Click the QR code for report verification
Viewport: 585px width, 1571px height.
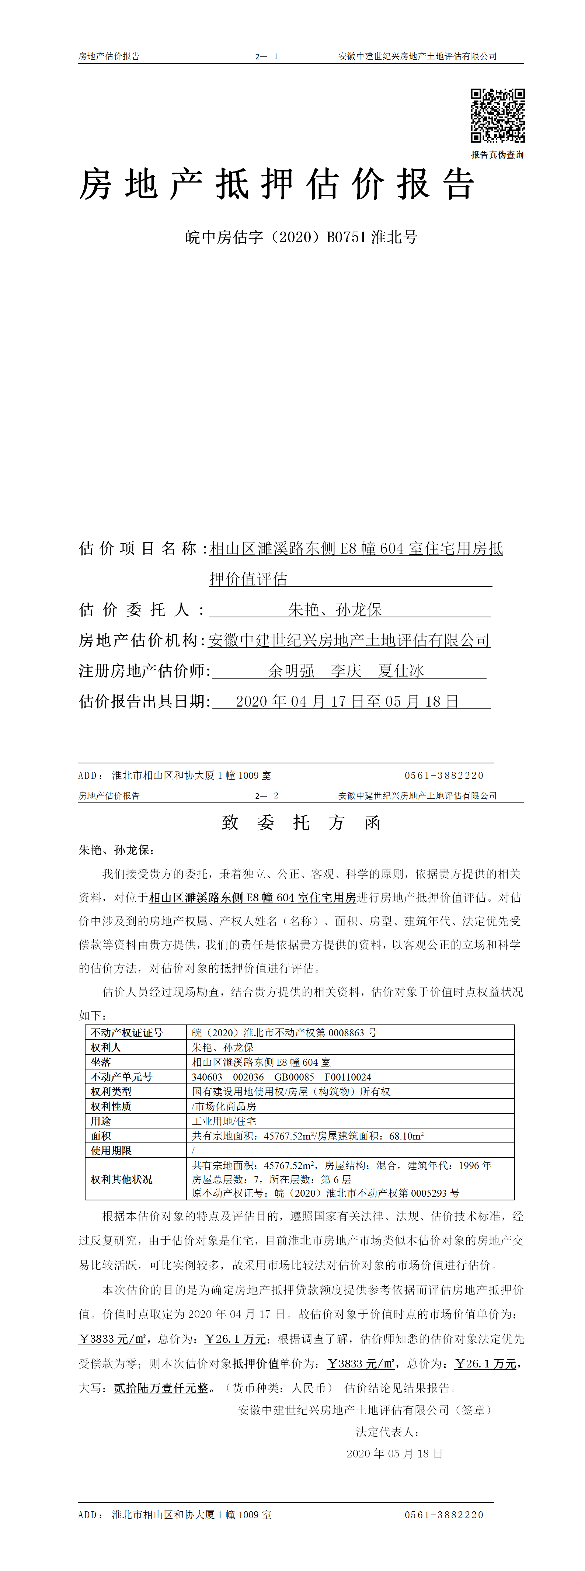coord(497,115)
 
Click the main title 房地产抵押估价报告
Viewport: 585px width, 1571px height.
coord(277,184)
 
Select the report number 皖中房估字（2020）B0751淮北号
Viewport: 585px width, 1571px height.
coord(301,237)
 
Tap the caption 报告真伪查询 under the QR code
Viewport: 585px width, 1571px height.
coord(497,155)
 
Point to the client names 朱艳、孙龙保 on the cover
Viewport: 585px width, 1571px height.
coord(335,609)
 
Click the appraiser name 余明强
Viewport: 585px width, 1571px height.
coord(291,671)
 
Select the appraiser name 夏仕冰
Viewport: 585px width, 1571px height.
coord(401,671)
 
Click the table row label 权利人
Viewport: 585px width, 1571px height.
coord(106,1047)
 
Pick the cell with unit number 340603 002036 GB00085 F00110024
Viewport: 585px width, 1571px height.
coord(282,1077)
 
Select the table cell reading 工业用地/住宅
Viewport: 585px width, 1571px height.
coord(224,1121)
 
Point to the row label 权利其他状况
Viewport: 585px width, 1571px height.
coord(121,1179)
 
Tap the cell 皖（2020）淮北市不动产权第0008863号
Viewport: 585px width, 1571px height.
coord(284,1033)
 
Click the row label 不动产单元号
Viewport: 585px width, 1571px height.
coord(121,1077)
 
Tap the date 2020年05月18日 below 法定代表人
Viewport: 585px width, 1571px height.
coord(394,1453)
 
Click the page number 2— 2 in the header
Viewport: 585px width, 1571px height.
coord(266,796)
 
